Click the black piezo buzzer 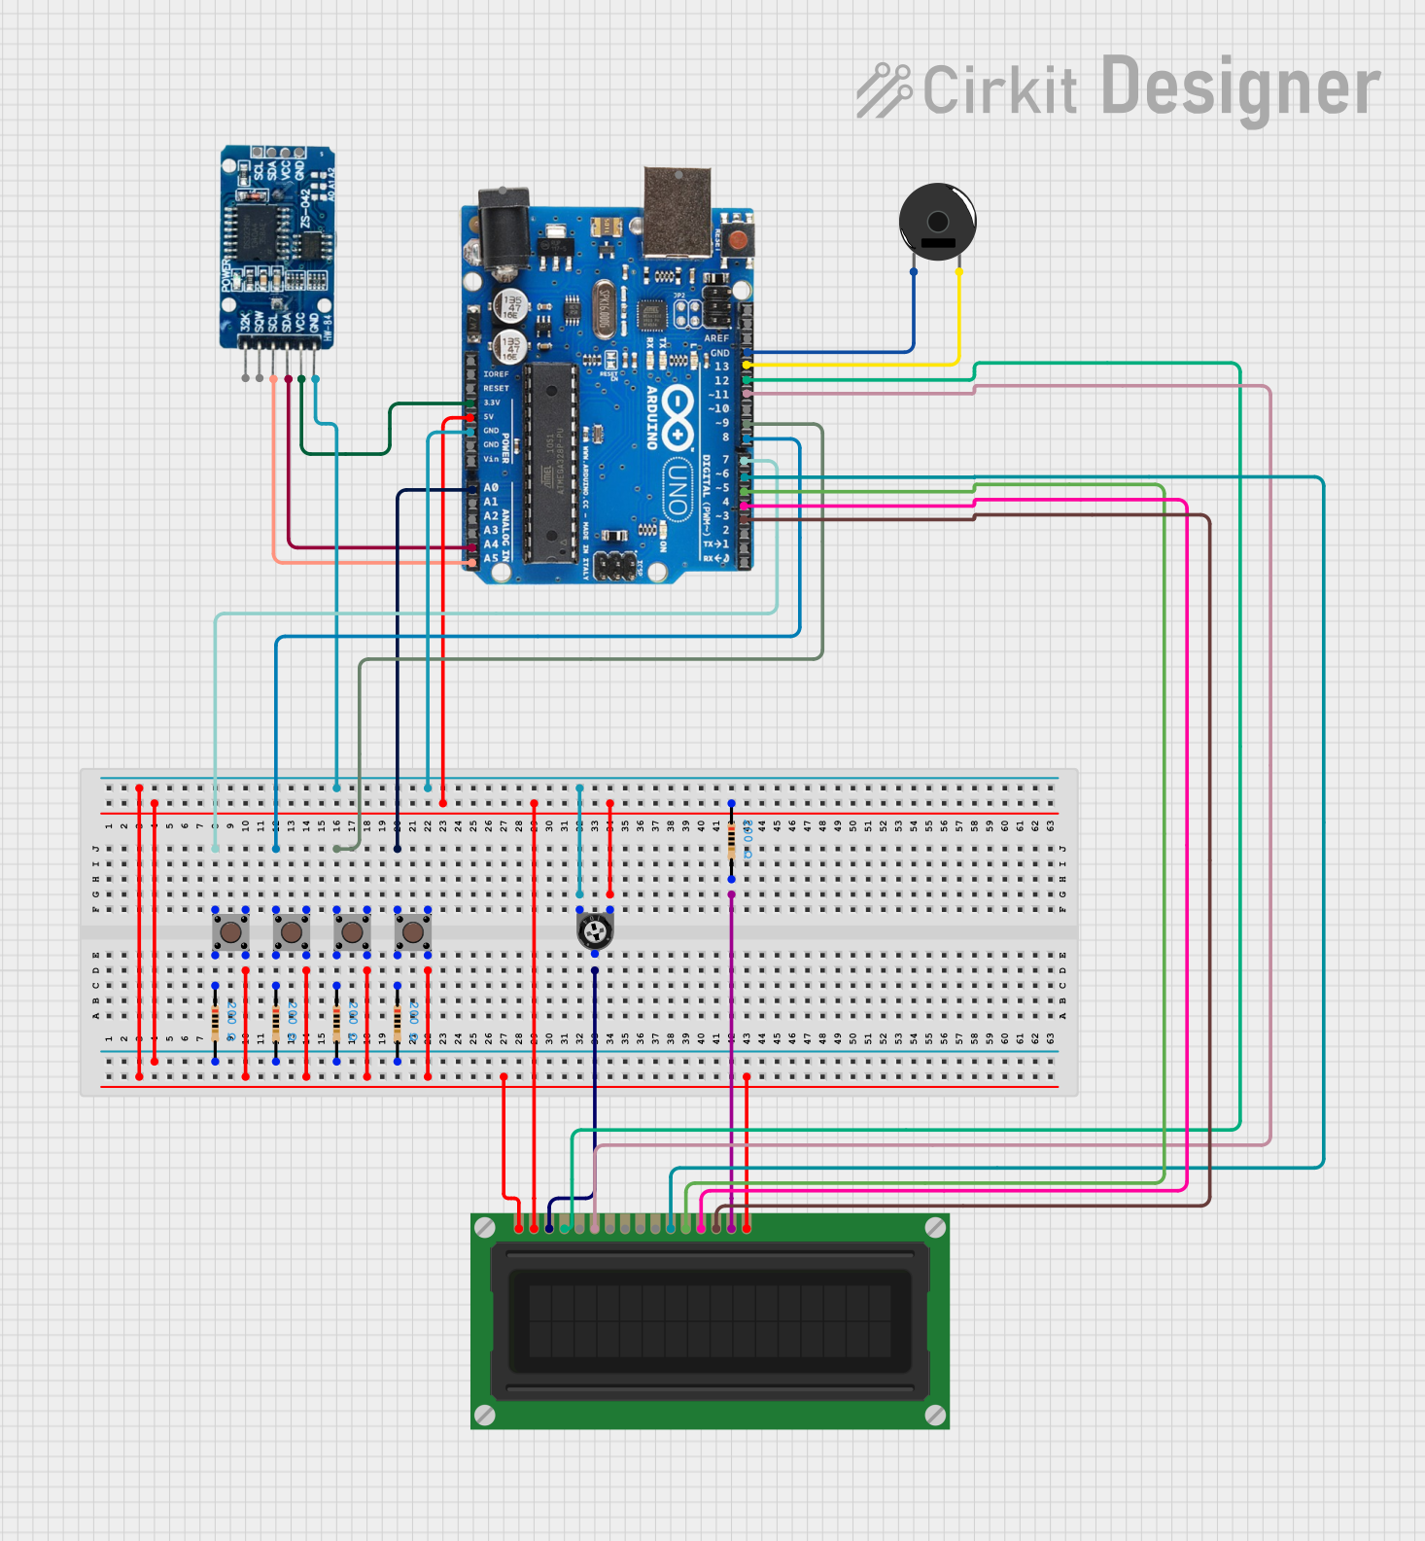pos(937,222)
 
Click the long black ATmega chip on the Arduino pos(551,464)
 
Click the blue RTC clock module pos(278,247)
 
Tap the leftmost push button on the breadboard pos(230,932)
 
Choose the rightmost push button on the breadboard pos(412,932)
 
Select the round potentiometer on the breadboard pos(594,932)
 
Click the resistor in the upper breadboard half pos(731,842)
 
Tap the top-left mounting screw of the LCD pos(485,1228)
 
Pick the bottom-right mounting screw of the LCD pos(935,1414)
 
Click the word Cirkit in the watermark pos(999,90)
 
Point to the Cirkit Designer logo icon pos(883,90)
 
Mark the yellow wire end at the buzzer pos(959,272)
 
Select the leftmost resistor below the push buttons pos(215,1023)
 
